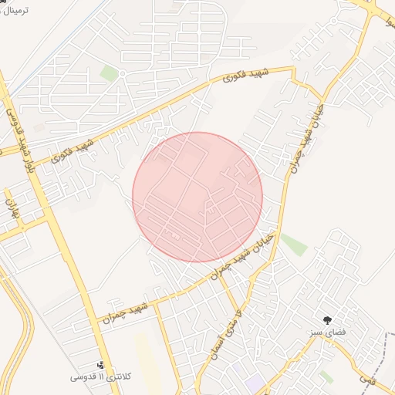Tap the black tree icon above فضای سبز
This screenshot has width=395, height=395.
coord(329,319)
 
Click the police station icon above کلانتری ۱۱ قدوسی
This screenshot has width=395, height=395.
coord(101,364)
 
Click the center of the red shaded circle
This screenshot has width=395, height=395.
coord(197,197)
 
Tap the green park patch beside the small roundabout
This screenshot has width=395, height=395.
coord(110,73)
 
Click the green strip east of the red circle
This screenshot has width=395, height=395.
coord(294,244)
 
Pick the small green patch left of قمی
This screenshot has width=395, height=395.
coord(326,376)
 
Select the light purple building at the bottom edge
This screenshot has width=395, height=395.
coord(255,383)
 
